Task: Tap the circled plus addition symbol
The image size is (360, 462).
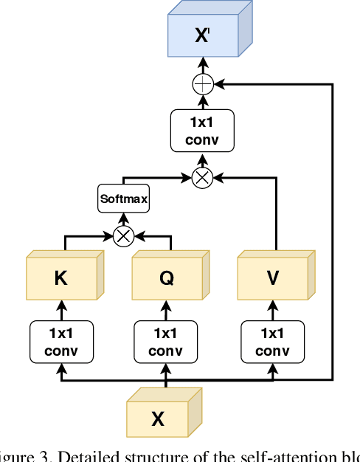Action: point(202,85)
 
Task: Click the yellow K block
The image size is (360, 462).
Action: point(61,278)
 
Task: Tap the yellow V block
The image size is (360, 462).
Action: point(274,278)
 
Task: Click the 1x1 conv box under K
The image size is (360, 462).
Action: point(61,341)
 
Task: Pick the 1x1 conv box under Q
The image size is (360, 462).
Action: point(165,341)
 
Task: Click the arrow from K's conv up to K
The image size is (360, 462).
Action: point(61,310)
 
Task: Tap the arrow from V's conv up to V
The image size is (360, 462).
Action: point(274,310)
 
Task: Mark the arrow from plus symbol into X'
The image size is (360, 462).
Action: point(202,66)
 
